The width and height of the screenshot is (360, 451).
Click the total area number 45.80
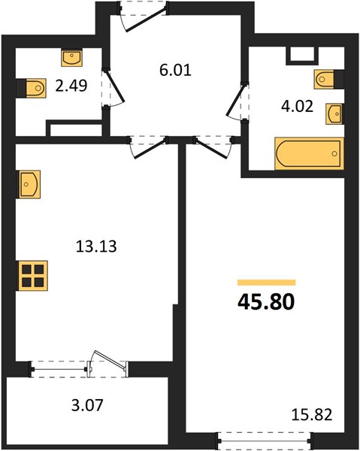coord(266,302)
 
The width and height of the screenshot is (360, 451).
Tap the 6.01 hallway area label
coord(175,70)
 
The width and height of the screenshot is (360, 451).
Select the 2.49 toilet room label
coord(71,86)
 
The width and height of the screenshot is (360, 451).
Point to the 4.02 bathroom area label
coord(297,107)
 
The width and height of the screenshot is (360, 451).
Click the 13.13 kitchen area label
coord(96,247)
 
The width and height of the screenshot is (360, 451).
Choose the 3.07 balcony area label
coord(87,405)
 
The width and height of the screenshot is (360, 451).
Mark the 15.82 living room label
coord(312,414)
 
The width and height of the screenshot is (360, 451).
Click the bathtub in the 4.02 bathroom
coord(309,153)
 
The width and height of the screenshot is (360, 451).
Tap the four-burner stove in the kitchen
coord(32,276)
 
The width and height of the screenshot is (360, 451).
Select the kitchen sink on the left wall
coord(29,184)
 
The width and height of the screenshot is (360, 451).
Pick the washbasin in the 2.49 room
coord(72,58)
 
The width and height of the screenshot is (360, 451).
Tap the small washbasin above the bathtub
coord(334,114)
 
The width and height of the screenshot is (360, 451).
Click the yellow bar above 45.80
coord(266,283)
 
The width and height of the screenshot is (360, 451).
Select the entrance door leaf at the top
coord(146,20)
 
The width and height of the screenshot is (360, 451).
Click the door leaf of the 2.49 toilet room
coord(115,86)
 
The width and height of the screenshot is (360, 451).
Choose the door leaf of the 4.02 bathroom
coord(236,99)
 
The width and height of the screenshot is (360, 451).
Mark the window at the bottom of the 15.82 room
coord(264,440)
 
